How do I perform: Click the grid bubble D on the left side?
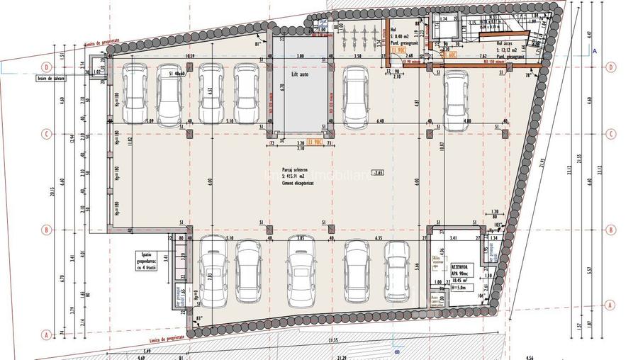45,67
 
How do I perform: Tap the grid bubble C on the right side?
610,133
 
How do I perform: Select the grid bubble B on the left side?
45,230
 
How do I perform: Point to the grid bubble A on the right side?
610,304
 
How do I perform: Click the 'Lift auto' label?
299,73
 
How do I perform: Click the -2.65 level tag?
377,172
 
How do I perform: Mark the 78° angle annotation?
527,74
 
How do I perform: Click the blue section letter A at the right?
595,52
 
